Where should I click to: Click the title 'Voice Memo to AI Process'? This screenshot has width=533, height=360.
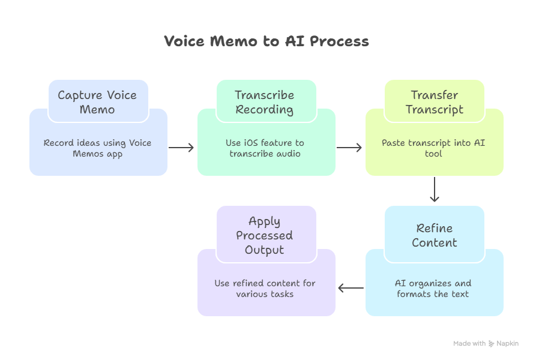266,41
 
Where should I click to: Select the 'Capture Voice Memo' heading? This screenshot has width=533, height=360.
97,102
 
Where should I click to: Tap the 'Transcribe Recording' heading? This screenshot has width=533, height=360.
265,102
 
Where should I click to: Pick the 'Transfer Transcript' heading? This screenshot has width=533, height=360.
435,102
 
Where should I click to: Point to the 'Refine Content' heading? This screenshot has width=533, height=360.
435,235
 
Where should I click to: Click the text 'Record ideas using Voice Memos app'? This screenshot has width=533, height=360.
97,148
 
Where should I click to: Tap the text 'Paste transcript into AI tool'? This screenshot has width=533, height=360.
433,148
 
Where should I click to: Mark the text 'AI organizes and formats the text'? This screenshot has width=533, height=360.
433,288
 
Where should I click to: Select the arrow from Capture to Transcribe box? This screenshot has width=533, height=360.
181,148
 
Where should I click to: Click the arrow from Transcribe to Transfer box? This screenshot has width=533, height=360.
349,148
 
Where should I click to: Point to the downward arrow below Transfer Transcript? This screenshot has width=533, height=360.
435,190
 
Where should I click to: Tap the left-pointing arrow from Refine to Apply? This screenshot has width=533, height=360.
351,288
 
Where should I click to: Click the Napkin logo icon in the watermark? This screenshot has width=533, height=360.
492,344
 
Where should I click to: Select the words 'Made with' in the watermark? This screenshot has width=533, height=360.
469,344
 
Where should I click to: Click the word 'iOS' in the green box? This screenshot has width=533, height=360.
250,143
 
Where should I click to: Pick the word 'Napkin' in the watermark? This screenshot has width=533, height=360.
508,344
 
